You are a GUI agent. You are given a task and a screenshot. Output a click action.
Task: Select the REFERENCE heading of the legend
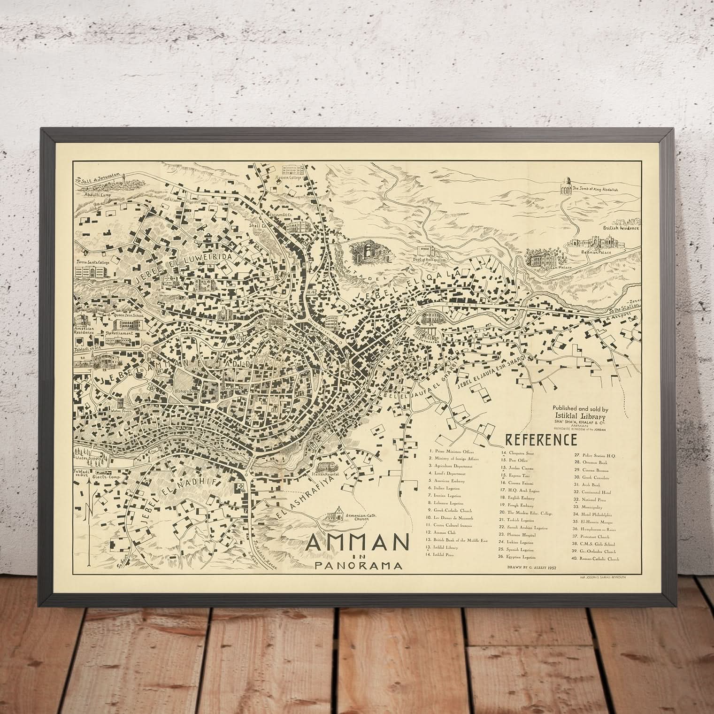pyautogui.click(x=541, y=440)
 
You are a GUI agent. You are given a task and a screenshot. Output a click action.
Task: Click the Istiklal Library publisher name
pyautogui.click(x=579, y=416)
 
